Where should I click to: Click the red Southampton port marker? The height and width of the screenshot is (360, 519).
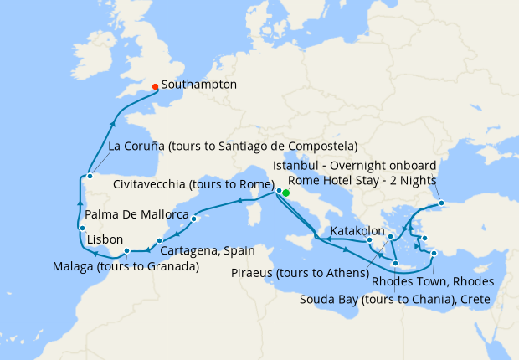tap(156, 85)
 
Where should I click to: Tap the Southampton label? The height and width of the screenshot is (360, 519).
tap(198, 85)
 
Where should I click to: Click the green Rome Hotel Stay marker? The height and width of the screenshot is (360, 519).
tap(285, 193)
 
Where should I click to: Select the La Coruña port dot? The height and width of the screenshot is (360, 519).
tap(90, 176)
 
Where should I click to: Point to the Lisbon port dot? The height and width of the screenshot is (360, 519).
tap(82, 229)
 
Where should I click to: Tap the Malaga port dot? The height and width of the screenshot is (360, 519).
tap(126, 250)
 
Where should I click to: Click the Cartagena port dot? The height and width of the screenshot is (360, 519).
tap(160, 241)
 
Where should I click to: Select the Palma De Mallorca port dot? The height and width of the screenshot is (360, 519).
tap(193, 219)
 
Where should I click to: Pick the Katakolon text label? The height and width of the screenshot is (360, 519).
tap(357, 229)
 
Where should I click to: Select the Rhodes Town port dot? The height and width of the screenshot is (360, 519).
tap(434, 253)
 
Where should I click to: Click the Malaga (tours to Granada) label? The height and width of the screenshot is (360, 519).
tap(126, 267)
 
